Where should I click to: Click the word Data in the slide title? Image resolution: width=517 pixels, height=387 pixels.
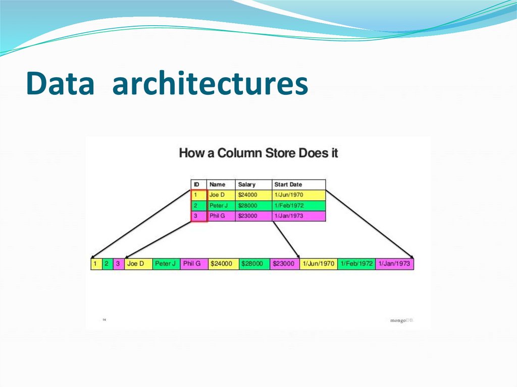click(61, 84)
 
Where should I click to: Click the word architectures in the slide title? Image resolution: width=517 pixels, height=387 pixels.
click(210, 84)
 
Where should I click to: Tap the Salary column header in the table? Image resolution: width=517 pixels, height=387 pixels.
click(247, 185)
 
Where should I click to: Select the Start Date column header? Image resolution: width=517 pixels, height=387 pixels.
click(288, 185)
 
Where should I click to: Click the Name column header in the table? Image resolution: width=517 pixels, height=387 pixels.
click(217, 185)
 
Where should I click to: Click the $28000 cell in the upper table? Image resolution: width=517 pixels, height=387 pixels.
click(247, 206)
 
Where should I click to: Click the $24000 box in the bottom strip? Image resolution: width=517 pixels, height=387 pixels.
click(222, 264)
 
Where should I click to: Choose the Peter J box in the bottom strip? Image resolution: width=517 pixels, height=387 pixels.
click(166, 264)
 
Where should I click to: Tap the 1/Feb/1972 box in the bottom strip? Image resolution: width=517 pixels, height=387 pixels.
click(356, 264)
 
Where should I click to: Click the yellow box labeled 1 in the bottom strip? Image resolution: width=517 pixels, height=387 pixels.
click(95, 264)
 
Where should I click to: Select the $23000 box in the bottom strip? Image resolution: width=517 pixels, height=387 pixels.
click(284, 264)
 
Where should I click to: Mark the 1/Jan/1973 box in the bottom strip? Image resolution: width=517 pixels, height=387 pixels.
click(394, 264)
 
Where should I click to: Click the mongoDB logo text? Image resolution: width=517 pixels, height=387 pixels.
click(401, 320)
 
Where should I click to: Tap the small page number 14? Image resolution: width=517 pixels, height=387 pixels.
click(105, 319)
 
